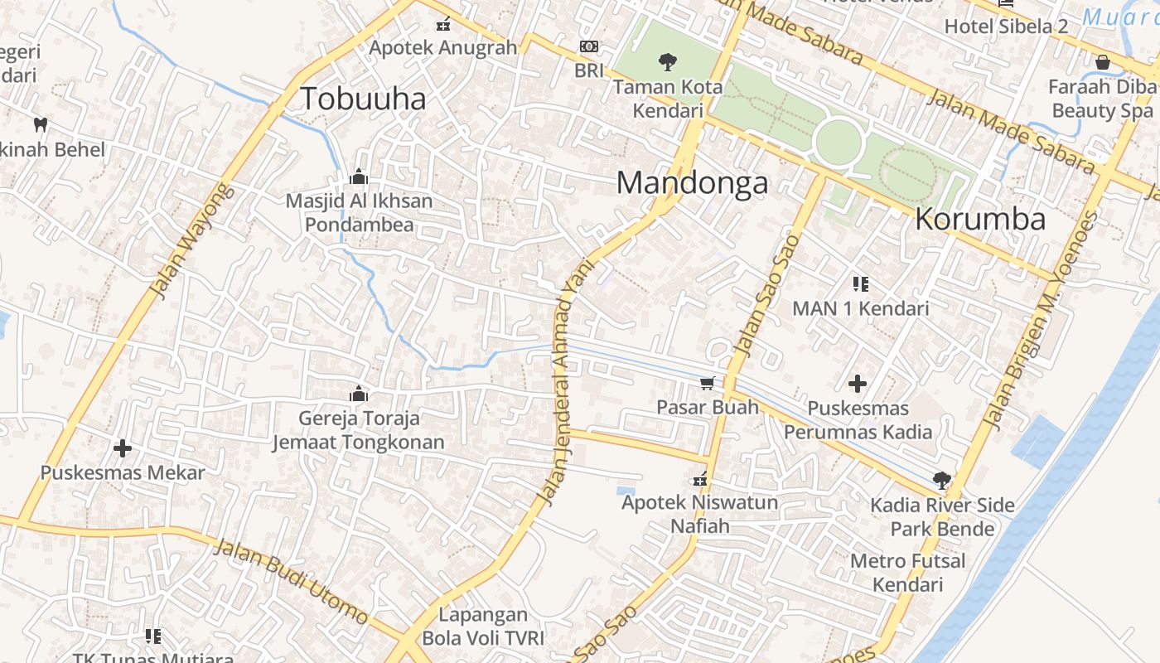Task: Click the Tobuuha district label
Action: pos(363,99)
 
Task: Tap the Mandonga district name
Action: pos(692,183)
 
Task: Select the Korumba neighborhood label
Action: pos(980,219)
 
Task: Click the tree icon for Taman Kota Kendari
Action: pos(667,61)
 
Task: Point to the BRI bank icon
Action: pos(589,46)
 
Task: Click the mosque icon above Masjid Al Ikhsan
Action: pos(359,177)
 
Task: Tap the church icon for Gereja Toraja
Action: pos(359,394)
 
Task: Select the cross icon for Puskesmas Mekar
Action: pos(123,449)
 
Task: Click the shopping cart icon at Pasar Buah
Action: pos(707,383)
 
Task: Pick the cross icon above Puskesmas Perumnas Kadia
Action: pos(858,384)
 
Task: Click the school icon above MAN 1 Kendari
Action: pos(861,284)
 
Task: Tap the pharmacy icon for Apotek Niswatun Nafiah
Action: pos(700,479)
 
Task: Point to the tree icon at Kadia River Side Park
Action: pos(941,480)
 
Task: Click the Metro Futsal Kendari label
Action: pos(908,573)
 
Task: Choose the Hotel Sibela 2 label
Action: pos(1006,26)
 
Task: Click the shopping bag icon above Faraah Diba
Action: pos(1102,62)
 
